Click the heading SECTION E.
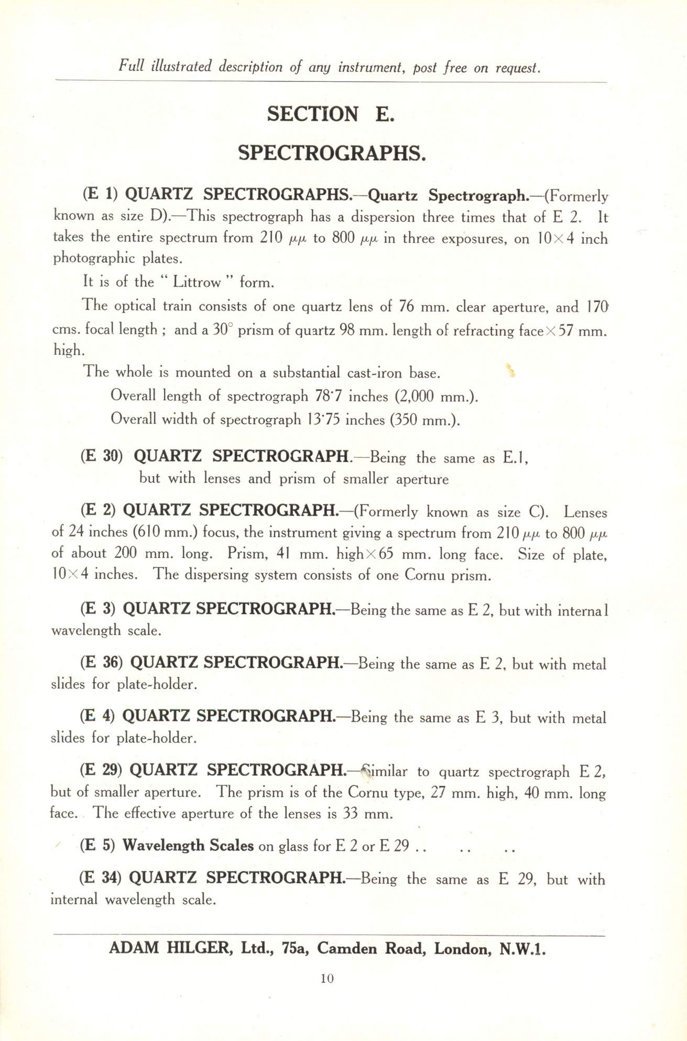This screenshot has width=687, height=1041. click(330, 114)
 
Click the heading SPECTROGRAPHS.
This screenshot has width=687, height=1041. click(332, 153)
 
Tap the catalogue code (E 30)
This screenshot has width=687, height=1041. click(102, 456)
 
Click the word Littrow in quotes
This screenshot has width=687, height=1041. click(197, 283)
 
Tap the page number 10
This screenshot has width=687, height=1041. click(327, 978)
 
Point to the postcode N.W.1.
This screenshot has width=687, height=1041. click(522, 949)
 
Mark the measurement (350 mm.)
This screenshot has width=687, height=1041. click(425, 420)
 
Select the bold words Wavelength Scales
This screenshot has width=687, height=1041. click(188, 845)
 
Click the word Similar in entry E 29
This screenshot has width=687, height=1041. click(385, 771)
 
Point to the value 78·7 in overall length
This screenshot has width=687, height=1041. click(329, 396)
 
